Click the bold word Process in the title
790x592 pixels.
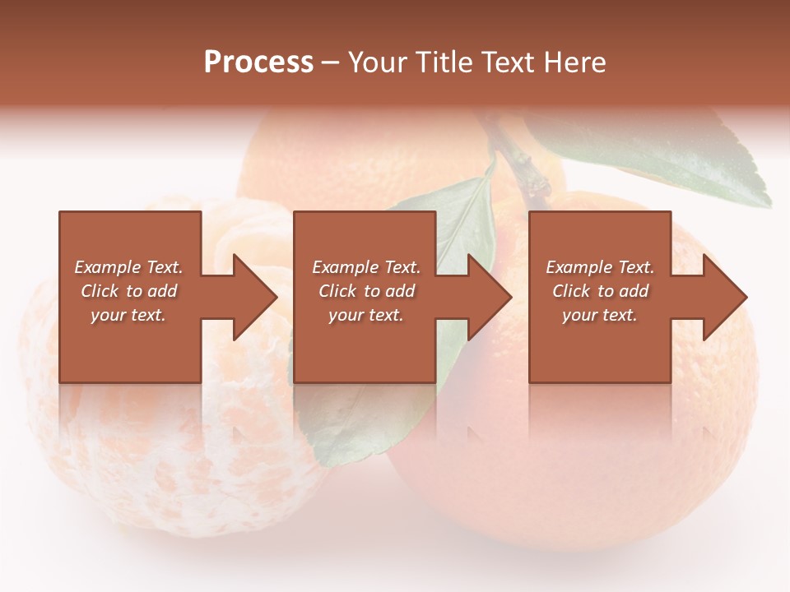258,62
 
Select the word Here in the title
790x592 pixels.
575,62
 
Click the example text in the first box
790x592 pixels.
129,291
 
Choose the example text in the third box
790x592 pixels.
600,291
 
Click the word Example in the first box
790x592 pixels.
107,267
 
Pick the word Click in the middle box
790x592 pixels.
336,291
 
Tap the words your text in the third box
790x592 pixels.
600,315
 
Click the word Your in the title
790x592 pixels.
377,62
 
